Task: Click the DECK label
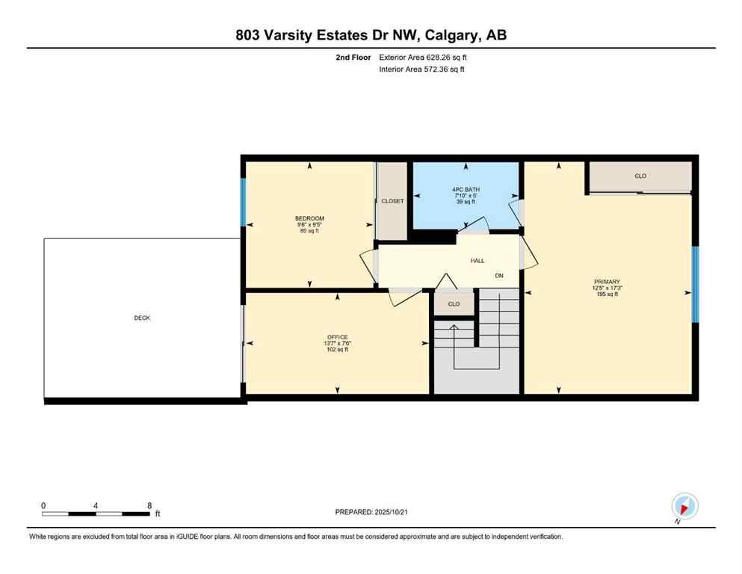coord(142,318)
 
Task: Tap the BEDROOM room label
coord(309,218)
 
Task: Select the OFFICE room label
coord(338,337)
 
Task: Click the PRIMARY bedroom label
coord(607,282)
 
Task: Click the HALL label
coord(477,261)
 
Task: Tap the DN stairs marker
coord(499,276)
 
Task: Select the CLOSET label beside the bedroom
coord(392,201)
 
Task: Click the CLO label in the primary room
coord(640,176)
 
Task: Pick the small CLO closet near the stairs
coord(454,304)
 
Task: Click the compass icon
coord(684,507)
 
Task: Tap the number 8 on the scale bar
coord(149,505)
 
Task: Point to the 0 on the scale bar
coord(43,505)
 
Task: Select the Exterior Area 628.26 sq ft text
coord(424,57)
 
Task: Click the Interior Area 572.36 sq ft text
coord(422,70)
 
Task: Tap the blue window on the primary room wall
coord(695,284)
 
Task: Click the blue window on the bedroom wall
coord(243,202)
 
